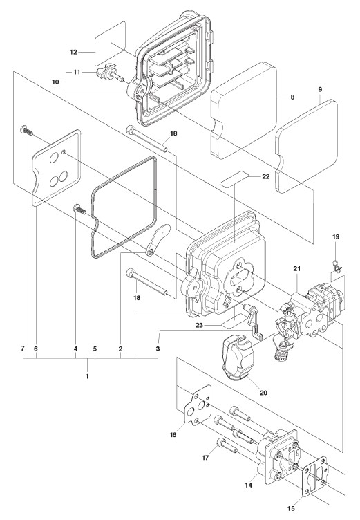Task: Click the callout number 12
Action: tap(73, 52)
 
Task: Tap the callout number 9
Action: tap(320, 89)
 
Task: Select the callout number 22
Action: tap(266, 176)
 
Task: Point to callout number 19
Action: tap(336, 236)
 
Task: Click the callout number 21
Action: tap(296, 268)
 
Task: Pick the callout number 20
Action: tap(263, 393)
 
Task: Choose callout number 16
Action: tap(173, 435)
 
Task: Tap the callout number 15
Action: tap(291, 509)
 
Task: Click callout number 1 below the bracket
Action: tap(87, 376)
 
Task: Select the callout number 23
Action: tap(199, 325)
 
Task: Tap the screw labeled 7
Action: tap(26, 131)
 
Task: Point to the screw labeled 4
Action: tap(79, 210)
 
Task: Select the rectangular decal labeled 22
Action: tap(235, 179)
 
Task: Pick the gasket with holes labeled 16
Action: tap(198, 405)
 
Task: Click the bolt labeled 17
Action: tap(227, 445)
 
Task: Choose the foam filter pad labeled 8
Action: tap(244, 110)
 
